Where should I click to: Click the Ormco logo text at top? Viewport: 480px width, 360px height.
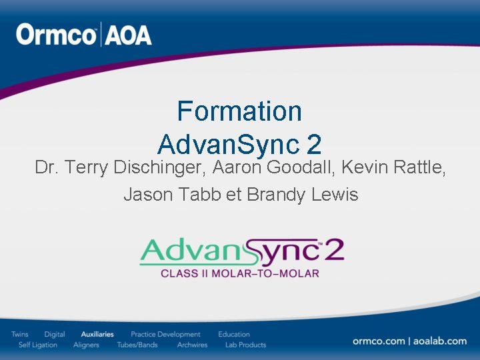point(57,35)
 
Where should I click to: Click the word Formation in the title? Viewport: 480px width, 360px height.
point(239,111)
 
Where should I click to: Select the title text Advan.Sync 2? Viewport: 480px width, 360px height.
point(239,143)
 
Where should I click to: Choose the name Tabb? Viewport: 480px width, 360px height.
point(200,195)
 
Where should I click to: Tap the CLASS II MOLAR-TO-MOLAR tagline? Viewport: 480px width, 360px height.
point(239,273)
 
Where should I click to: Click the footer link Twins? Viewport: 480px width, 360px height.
point(20,334)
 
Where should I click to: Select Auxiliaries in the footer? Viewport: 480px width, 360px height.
point(97,334)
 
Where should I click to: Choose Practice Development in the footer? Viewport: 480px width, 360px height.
point(165,334)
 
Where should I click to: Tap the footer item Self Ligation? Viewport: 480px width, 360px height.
point(38,345)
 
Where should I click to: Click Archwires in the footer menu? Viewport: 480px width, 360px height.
point(192,345)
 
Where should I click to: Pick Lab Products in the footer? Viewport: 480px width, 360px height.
point(245,345)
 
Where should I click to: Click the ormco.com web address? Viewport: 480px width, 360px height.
point(379,341)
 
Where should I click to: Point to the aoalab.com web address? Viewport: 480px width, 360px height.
point(440,341)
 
